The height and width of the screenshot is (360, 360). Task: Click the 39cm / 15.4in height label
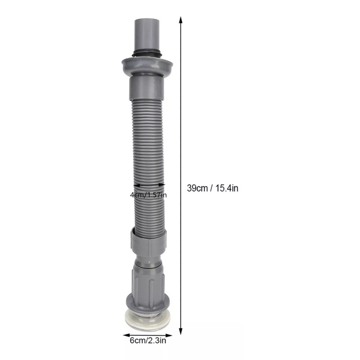pos(212,188)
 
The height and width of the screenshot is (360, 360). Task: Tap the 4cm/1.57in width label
pos(148,195)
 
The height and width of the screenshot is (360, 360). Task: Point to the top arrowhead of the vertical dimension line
pos(181,20)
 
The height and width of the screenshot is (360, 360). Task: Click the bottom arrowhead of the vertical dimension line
pos(181,331)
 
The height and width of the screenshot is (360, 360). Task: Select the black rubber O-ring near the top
pos(147,52)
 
